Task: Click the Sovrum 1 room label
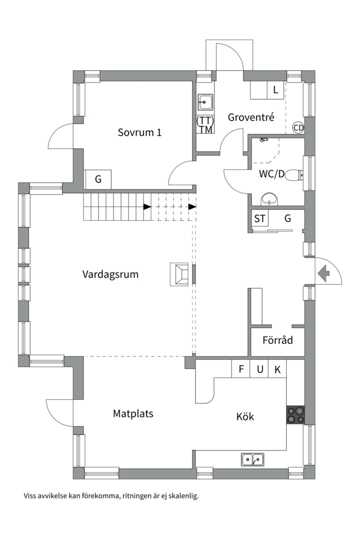[139, 132]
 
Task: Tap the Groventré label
[251, 117]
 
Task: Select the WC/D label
[271, 174]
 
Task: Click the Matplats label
[132, 413]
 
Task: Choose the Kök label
[245, 416]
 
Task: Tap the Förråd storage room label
[277, 340]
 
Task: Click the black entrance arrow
[323, 273]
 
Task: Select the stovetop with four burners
[295, 414]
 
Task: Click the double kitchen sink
[253, 458]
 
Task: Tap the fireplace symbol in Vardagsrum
[180, 274]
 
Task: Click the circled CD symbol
[298, 128]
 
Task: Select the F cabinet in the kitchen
[241, 369]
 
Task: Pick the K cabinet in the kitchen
[277, 369]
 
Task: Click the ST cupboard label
[259, 218]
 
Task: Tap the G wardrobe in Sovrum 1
[98, 179]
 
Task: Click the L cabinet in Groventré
[274, 90]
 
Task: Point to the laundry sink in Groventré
[205, 103]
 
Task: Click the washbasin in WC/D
[270, 199]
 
